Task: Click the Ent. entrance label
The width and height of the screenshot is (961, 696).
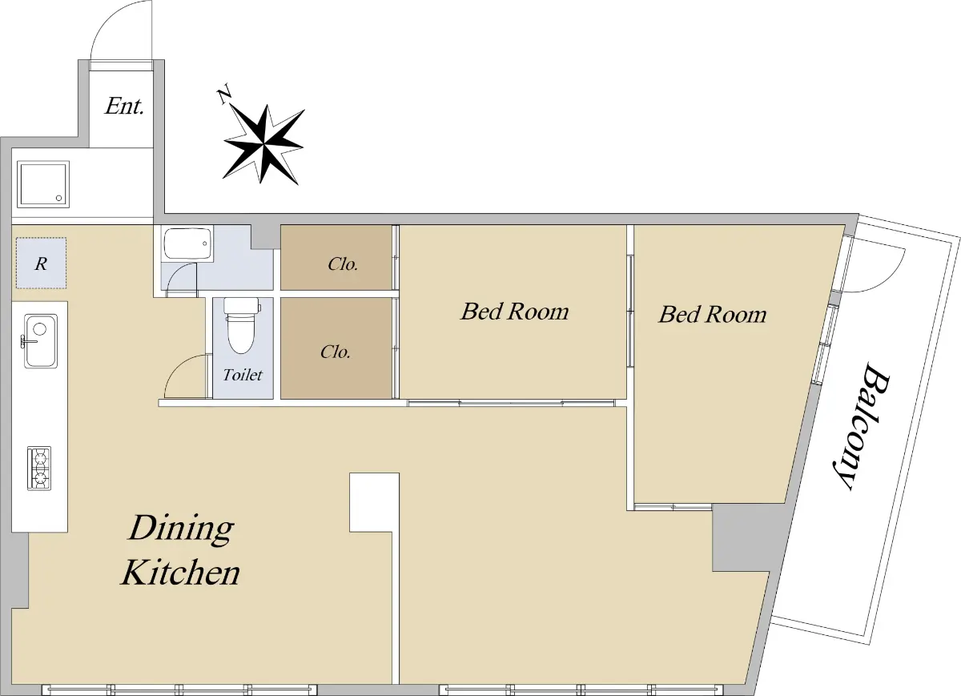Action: [x=124, y=106]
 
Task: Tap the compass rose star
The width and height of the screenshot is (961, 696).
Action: [x=263, y=144]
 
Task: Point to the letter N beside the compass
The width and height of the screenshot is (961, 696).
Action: [x=224, y=96]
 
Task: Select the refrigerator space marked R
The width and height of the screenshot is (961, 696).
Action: [x=41, y=263]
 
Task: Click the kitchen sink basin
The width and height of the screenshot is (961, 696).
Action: [x=41, y=340]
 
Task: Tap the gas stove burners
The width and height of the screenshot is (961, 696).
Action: [x=39, y=469]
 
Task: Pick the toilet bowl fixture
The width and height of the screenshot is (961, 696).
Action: [x=243, y=326]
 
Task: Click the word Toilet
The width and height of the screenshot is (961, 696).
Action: [x=243, y=375]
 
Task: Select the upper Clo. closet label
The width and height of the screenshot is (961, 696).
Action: [x=343, y=264]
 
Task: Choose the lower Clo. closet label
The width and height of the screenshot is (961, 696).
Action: [x=336, y=352]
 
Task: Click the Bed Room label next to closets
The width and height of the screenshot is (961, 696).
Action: [x=515, y=311]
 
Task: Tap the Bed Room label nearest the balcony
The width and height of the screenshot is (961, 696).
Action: [x=713, y=314]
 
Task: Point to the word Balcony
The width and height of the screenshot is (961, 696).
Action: [x=865, y=426]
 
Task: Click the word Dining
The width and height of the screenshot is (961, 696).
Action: [x=182, y=529]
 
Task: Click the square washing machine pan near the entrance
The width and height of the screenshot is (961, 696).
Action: [x=43, y=184]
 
